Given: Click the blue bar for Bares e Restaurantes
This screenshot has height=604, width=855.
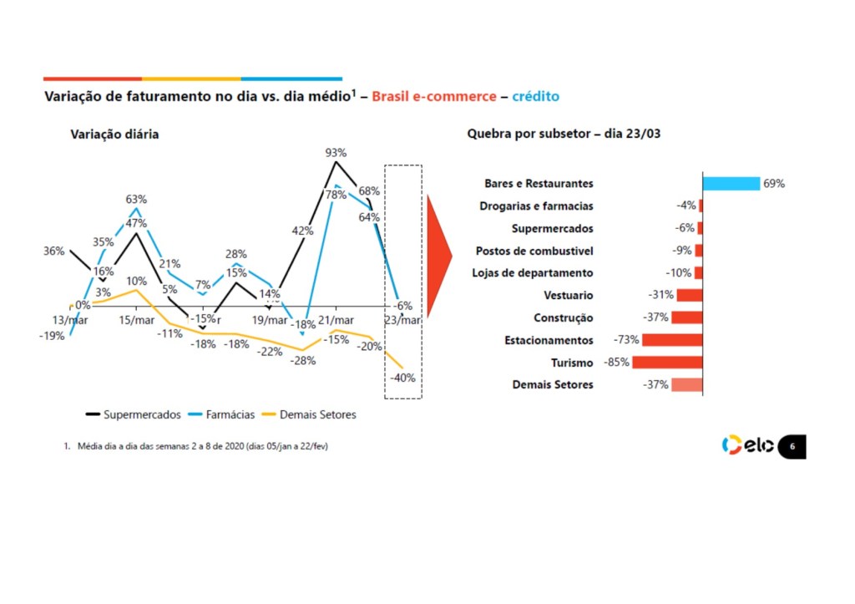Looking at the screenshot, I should click(731, 183).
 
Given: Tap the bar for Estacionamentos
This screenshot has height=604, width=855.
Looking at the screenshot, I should click(672, 340).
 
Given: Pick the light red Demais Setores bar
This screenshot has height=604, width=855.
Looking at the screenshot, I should click(686, 385).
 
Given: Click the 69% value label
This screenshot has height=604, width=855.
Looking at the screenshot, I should click(774, 184).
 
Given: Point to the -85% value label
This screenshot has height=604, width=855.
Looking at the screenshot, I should click(616, 363).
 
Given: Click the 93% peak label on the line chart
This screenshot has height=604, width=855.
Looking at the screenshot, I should click(336, 153).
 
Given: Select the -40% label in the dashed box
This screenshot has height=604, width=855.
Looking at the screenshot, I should click(402, 377).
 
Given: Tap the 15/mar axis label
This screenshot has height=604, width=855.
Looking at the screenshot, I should click(137, 321).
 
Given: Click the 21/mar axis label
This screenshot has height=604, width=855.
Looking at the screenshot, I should click(334, 321).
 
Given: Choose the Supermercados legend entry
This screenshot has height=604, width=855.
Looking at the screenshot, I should click(134, 414).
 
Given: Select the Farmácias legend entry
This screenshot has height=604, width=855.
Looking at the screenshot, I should click(221, 414).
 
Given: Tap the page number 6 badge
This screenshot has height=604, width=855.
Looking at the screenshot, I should click(792, 447).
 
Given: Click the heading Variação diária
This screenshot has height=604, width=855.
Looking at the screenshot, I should click(114, 134).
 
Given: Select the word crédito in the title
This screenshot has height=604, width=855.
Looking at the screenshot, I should click(536, 97).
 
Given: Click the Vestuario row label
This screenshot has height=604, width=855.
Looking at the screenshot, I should click(568, 295).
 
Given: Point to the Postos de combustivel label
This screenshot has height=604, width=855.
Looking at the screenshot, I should click(534, 251).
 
